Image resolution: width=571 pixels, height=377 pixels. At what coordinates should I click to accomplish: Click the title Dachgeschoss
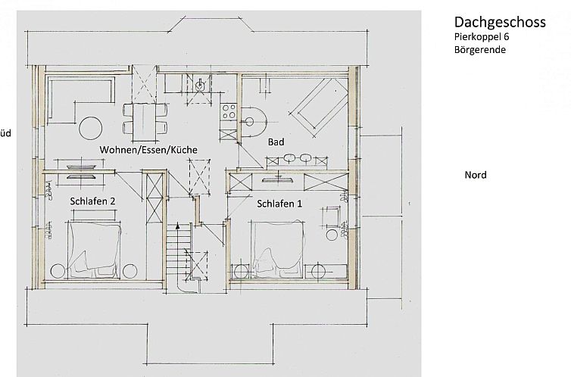point(500,23)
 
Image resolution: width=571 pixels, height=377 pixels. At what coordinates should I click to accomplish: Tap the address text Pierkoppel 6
point(482,37)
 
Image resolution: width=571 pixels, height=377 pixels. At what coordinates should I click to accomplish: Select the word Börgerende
point(479,49)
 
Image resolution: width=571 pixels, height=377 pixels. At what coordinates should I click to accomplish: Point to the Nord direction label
point(476,175)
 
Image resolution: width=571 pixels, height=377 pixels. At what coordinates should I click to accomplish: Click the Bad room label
point(276,142)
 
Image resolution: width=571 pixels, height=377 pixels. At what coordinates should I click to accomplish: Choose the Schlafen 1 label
point(279,204)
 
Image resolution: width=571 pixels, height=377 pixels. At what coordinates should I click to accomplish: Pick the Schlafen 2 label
point(92,201)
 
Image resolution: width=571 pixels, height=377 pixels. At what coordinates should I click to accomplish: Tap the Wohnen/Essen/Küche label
point(148,150)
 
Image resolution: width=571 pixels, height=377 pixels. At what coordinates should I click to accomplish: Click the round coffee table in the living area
point(91,128)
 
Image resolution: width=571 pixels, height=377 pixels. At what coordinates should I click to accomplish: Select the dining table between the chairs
point(145,122)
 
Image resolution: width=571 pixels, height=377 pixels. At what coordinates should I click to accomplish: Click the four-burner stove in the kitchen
point(229,111)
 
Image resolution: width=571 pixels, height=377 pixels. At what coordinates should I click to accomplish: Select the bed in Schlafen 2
point(95,250)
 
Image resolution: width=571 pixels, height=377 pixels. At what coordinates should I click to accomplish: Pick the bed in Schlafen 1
point(277,250)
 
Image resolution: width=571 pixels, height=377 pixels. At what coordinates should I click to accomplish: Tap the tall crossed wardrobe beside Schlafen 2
point(154,198)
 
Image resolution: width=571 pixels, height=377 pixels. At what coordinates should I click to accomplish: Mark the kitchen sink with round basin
point(199,86)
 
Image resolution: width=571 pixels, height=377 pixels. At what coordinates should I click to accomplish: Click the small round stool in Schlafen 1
point(332,235)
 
